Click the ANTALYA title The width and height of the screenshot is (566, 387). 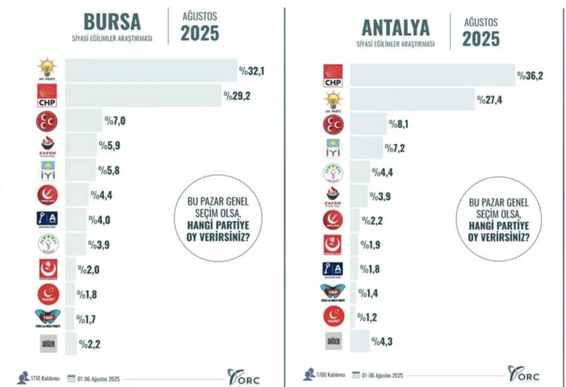coord(395,27)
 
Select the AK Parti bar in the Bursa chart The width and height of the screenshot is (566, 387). coord(150,70)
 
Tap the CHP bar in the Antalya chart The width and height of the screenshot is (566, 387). coord(433,75)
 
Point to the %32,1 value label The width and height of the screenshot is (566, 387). coord(253,70)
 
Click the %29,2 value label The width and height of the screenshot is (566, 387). coord(236,95)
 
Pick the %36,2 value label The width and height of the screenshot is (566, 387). coord(531,75)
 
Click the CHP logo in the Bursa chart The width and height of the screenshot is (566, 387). coord(48,96)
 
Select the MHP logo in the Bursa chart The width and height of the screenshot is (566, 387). coord(48,121)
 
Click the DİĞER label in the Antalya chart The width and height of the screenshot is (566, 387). coord(333,340)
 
